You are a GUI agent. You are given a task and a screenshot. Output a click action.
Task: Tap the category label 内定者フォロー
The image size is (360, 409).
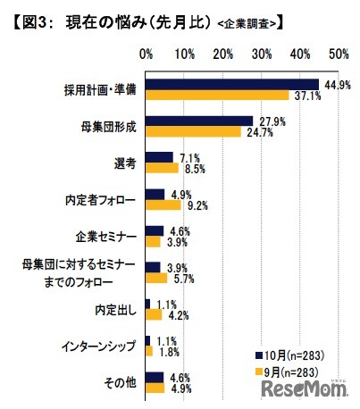101,199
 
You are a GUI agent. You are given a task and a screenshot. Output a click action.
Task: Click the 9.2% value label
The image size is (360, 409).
197,204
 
